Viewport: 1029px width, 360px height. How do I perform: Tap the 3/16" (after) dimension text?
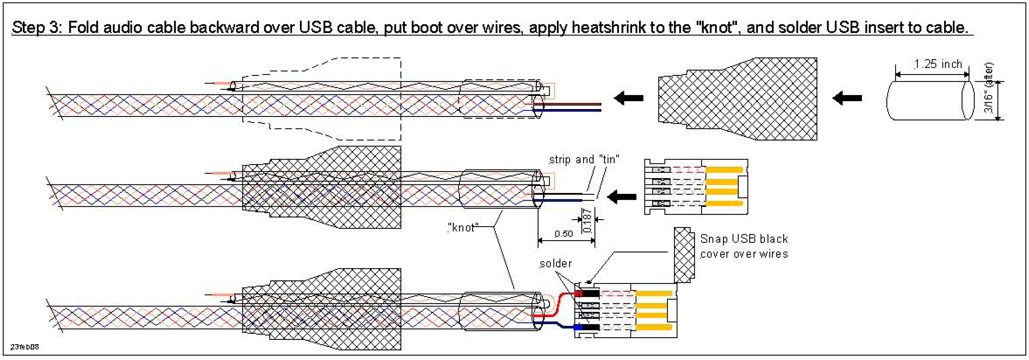pos(988,88)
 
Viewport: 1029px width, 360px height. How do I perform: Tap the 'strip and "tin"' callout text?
pos(584,159)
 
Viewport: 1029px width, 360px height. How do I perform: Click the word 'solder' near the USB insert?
pos(555,264)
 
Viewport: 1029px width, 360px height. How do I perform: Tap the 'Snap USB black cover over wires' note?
pos(744,246)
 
